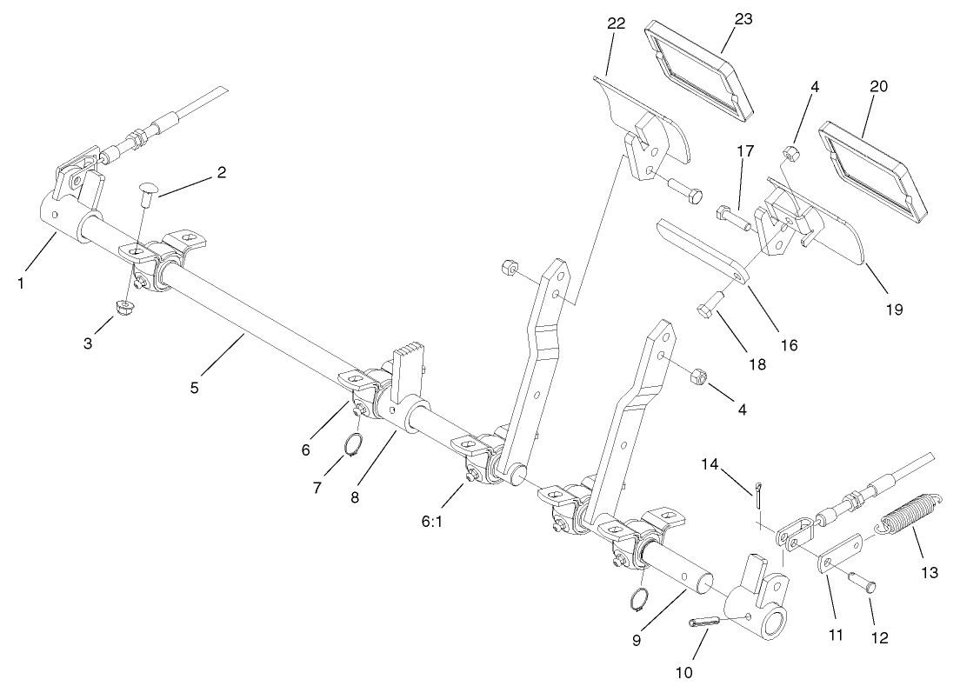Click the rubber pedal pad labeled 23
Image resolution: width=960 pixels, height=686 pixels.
[x=699, y=70]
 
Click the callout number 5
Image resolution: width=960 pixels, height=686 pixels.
[x=195, y=388]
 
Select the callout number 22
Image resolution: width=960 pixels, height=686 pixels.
[x=617, y=24]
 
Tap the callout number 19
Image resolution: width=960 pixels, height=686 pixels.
[x=894, y=309]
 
